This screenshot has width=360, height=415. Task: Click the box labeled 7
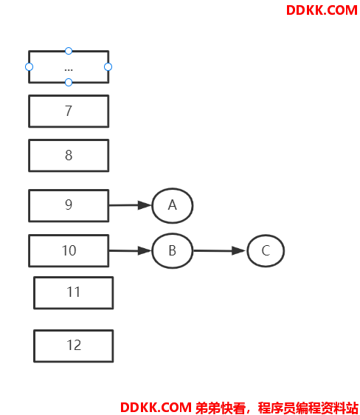69,112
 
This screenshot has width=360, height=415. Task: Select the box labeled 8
69,155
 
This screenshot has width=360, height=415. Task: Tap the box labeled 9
69,205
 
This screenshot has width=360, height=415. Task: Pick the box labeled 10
69,250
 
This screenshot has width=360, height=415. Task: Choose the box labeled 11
74,292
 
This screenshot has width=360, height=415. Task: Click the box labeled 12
74,346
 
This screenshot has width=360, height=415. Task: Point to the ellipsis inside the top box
69,70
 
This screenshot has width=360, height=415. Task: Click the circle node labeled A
173,205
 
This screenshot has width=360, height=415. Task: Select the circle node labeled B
173,250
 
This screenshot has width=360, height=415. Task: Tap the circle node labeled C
266,250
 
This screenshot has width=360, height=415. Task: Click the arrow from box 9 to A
130,205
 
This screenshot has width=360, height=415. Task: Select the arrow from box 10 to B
130,250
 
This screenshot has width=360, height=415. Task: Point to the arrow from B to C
220,250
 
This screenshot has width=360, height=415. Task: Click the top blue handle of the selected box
69,51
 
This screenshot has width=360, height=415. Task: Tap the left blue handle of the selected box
29,66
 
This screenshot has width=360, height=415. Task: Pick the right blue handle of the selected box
108,66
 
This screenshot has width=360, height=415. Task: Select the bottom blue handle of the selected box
69,82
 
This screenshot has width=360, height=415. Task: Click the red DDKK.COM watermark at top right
322,10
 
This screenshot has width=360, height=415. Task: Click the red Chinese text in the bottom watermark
277,408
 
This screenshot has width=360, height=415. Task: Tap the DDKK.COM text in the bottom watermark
156,408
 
